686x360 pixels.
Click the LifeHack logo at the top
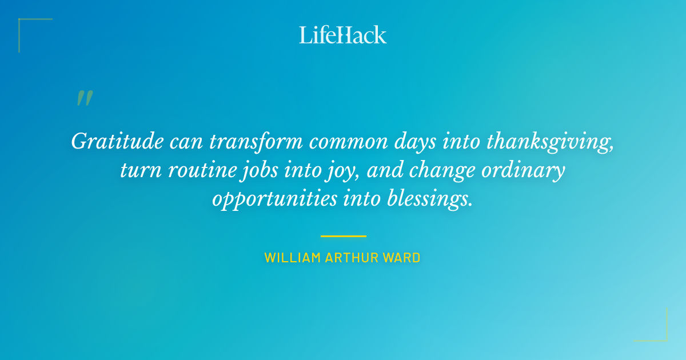pyautogui.click(x=343, y=35)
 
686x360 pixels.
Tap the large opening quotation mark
pyautogui.click(x=85, y=98)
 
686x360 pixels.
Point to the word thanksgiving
pyautogui.click(x=550, y=141)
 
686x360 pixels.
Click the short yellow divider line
pyautogui.click(x=343, y=235)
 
